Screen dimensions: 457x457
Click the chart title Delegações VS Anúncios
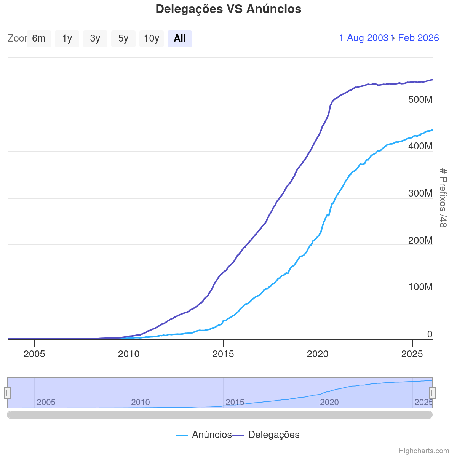pyautogui.click(x=228, y=9)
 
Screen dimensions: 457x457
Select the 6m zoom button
pyautogui.click(x=39, y=38)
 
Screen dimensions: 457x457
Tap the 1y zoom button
pyautogui.click(x=67, y=38)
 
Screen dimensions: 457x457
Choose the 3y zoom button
pyautogui.click(x=95, y=38)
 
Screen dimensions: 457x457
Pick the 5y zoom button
pyautogui.click(x=123, y=38)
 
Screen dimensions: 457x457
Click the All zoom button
pyautogui.click(x=180, y=38)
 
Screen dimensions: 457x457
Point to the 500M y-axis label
pyautogui.click(x=420, y=100)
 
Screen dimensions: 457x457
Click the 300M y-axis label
pyautogui.click(x=420, y=193)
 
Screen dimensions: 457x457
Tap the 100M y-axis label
pyautogui.click(x=420, y=287)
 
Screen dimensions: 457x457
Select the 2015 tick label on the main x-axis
pyautogui.click(x=223, y=354)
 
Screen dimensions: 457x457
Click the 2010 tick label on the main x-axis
pyautogui.click(x=129, y=354)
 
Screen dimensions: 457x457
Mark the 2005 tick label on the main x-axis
pyautogui.click(x=34, y=354)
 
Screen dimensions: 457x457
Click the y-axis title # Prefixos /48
pyautogui.click(x=443, y=198)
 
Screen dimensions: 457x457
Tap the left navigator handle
pyautogui.click(x=7, y=393)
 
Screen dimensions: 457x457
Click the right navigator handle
pyautogui.click(x=432, y=393)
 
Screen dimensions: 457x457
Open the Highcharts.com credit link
pyautogui.click(x=423, y=451)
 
